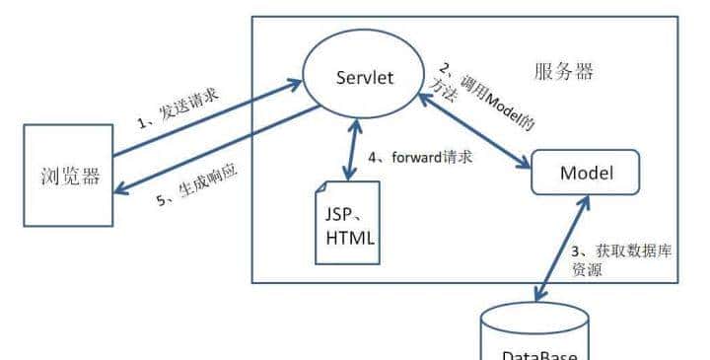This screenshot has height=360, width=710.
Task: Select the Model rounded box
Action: [x=586, y=174]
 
